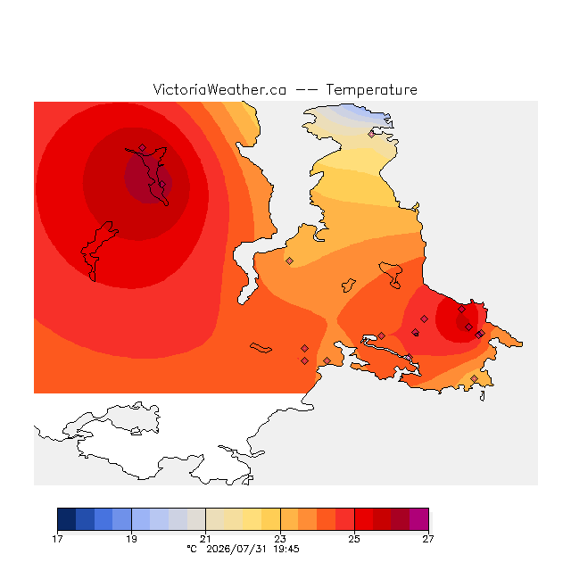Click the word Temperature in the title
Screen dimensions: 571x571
tap(371, 90)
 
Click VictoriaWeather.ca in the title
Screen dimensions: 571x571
tap(219, 90)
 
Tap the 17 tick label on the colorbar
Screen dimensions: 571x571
tap(57, 539)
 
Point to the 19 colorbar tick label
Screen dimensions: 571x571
tap(131, 539)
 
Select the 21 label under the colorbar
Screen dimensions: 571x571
tap(206, 539)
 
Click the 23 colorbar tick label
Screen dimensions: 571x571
tap(280, 539)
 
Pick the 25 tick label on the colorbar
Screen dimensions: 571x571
tap(354, 539)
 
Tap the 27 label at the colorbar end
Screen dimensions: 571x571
tap(428, 539)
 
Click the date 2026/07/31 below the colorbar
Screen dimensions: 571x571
tap(236, 549)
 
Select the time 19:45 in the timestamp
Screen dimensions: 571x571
tap(286, 549)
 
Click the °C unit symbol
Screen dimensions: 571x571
tap(192, 549)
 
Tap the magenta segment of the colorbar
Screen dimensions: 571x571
tap(419, 519)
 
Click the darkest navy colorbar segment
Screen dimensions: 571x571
tap(67, 519)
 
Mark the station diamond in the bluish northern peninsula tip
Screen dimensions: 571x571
tap(371, 135)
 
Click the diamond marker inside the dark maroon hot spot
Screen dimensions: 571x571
tap(162, 185)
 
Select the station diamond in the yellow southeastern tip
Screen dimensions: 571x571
tap(474, 378)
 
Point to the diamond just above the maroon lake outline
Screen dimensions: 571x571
tap(143, 147)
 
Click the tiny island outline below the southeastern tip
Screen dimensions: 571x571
tap(482, 396)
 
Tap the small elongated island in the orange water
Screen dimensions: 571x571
tap(261, 348)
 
